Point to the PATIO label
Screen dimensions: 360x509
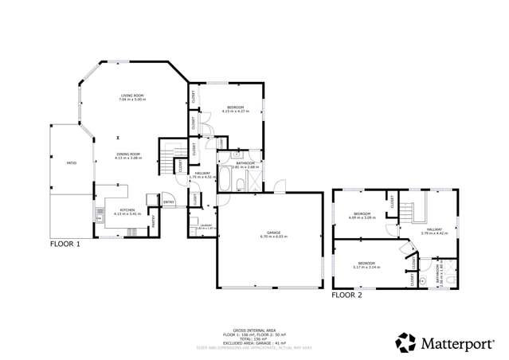pos(71,164)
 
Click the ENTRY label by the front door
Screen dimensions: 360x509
pos(169,202)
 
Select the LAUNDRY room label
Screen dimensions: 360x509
pos(205,227)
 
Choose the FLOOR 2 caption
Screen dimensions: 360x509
pos(347,295)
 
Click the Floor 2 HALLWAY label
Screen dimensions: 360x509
pos(440,232)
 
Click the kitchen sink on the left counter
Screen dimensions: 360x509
pos(100,213)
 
